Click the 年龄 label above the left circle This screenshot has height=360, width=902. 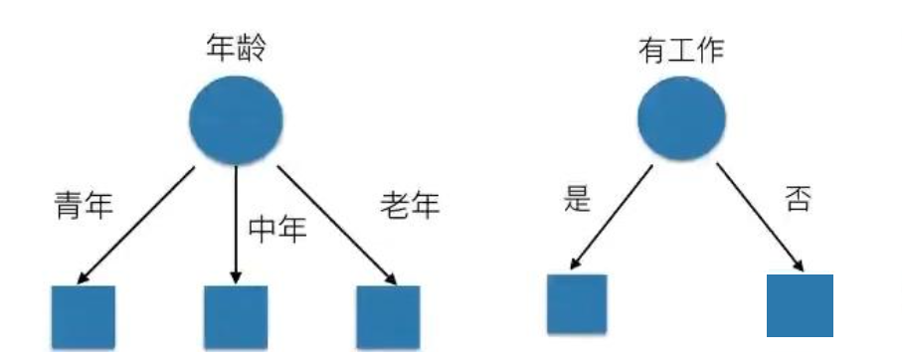tap(237, 48)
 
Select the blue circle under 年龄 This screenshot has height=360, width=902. tap(237, 121)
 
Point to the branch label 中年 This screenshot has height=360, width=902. tap(276, 229)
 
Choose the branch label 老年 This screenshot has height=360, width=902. tap(409, 206)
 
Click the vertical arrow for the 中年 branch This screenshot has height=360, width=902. tap(236, 224)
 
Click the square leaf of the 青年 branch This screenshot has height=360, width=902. tap(84, 316)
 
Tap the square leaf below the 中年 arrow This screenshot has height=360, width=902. tap(236, 316)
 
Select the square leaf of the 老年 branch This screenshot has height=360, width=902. tap(388, 316)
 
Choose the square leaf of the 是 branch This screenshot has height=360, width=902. tap(577, 303)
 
